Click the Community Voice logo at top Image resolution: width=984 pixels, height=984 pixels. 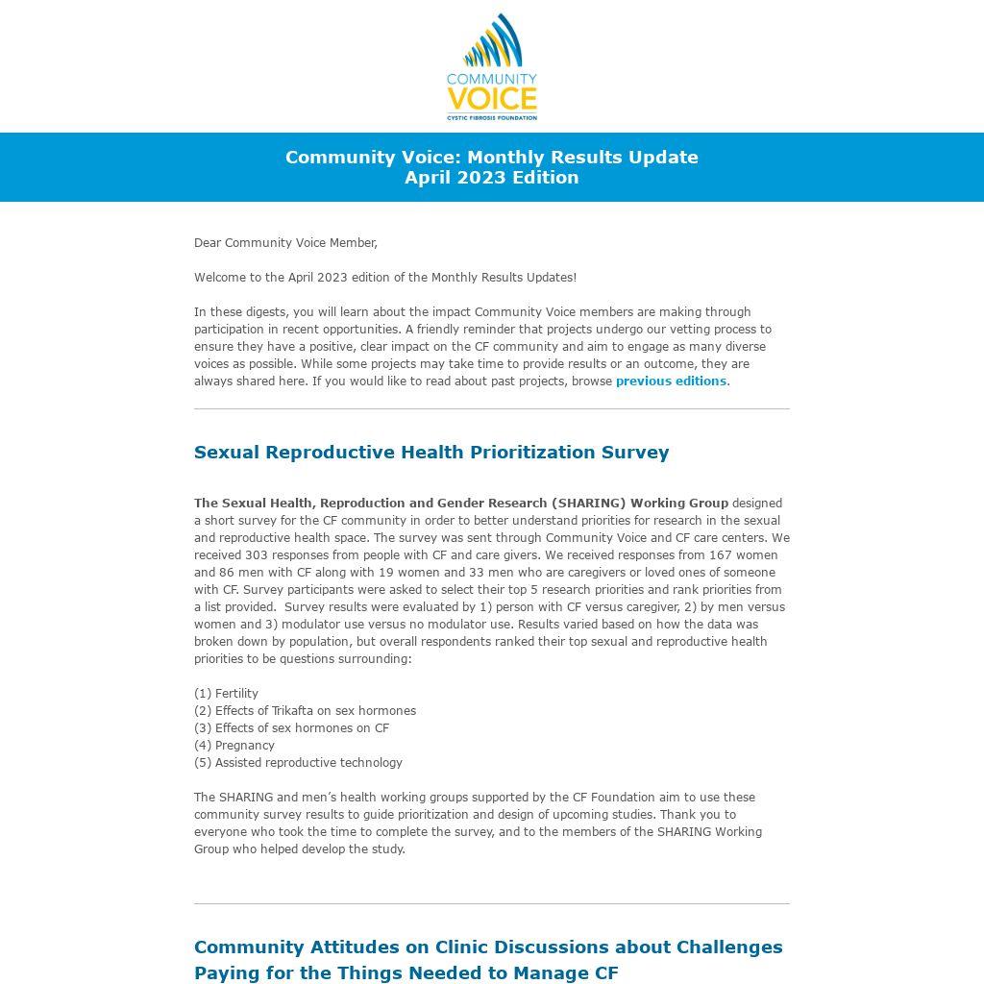click(492, 67)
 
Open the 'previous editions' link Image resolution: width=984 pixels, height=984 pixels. click(671, 381)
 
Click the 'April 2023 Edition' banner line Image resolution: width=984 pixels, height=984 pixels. click(492, 178)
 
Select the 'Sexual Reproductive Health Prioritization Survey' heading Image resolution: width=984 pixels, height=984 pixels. click(431, 453)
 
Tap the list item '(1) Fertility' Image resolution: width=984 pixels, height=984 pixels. click(226, 694)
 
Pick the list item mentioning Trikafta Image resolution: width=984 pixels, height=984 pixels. click(305, 711)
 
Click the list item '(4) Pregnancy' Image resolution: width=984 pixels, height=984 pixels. click(234, 746)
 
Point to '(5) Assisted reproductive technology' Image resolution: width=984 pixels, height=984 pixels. click(298, 763)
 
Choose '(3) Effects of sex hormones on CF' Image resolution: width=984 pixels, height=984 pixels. click(291, 728)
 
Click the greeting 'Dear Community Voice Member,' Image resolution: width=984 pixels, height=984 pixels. click(285, 243)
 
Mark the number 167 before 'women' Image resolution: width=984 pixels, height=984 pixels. click(721, 555)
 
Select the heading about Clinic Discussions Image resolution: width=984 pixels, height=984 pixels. click(488, 959)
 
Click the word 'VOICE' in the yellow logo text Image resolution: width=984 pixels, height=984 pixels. click(492, 99)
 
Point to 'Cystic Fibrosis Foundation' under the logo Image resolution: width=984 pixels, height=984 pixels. click(492, 118)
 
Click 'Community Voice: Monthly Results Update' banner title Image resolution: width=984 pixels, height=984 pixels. click(492, 158)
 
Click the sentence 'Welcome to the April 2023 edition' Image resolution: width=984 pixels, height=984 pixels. click(385, 278)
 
